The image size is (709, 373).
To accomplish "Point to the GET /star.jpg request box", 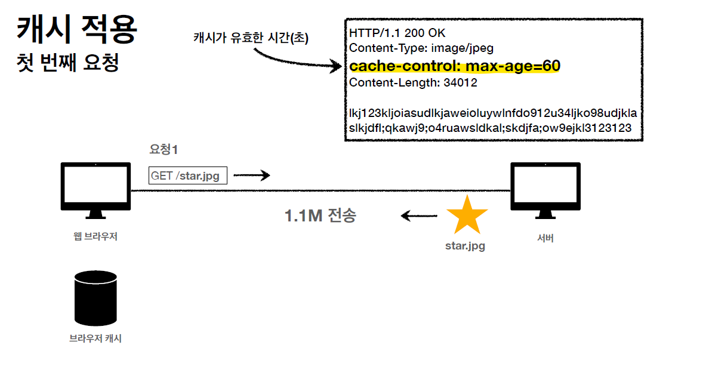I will coord(188,176).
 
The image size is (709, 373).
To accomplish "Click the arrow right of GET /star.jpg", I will coord(251,175).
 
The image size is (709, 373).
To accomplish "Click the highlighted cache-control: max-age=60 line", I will coord(455,66).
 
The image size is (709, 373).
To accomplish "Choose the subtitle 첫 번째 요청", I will coord(69,63).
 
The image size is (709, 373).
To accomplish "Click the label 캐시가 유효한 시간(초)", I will coord(251,38).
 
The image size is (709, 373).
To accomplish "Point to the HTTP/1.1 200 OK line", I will coord(397,33).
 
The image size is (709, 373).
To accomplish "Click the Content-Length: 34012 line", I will coord(413,83).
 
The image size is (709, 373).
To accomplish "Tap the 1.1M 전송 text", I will coord(320,215).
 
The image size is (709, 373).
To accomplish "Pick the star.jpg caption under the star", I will coord(466,245).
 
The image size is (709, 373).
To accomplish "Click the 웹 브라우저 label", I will coord(95,236).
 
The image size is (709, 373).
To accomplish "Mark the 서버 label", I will coord(545,238).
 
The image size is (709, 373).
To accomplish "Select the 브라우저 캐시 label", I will coord(95,338).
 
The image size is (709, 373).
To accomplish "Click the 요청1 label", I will coord(164,150).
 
